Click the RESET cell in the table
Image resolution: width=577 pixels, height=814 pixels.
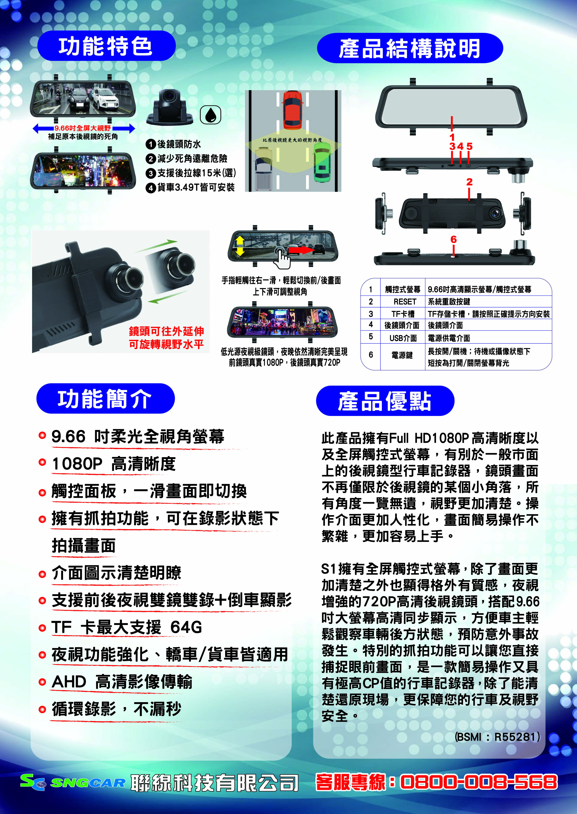(x=405, y=302)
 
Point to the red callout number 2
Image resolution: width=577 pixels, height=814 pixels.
(x=469, y=182)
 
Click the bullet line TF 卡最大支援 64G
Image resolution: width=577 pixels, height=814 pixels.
(x=127, y=627)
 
